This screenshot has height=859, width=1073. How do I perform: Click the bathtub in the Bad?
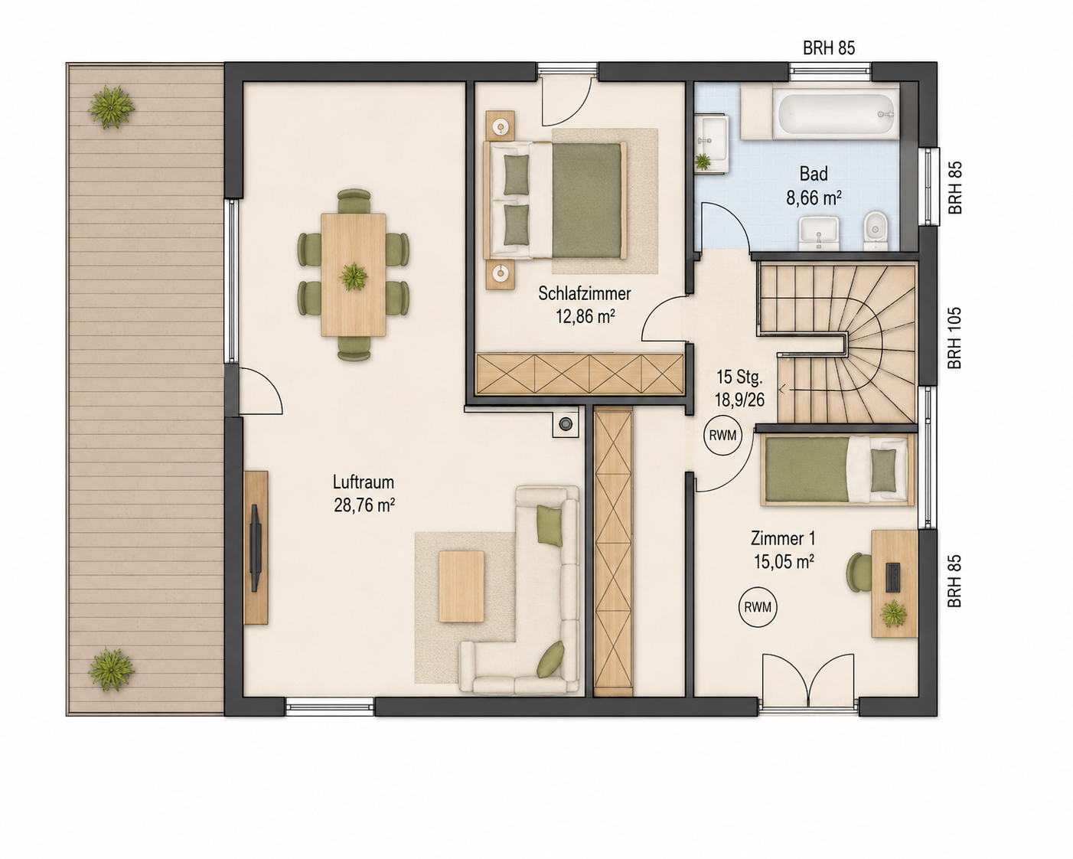[x=836, y=114]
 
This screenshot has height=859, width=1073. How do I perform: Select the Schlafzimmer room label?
[x=585, y=294]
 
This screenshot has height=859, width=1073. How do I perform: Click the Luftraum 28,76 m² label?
[x=364, y=494]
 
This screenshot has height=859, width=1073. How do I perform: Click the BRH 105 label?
[x=954, y=338]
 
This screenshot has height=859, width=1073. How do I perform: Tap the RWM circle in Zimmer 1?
[x=758, y=607]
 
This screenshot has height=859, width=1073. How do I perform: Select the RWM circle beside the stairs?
[x=722, y=436]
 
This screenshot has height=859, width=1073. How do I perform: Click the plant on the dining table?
[x=354, y=276]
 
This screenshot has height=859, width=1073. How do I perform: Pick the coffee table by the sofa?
[x=461, y=586]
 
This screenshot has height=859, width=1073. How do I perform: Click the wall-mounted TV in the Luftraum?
[x=256, y=547]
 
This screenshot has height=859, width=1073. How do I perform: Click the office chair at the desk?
[x=859, y=573]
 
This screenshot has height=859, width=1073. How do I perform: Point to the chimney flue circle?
[x=566, y=424]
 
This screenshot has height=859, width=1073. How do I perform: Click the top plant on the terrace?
[x=111, y=106]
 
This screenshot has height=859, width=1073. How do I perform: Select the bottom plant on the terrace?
[x=111, y=669]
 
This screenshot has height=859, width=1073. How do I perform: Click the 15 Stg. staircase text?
[x=740, y=377]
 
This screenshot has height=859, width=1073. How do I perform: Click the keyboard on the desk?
[x=893, y=577]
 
